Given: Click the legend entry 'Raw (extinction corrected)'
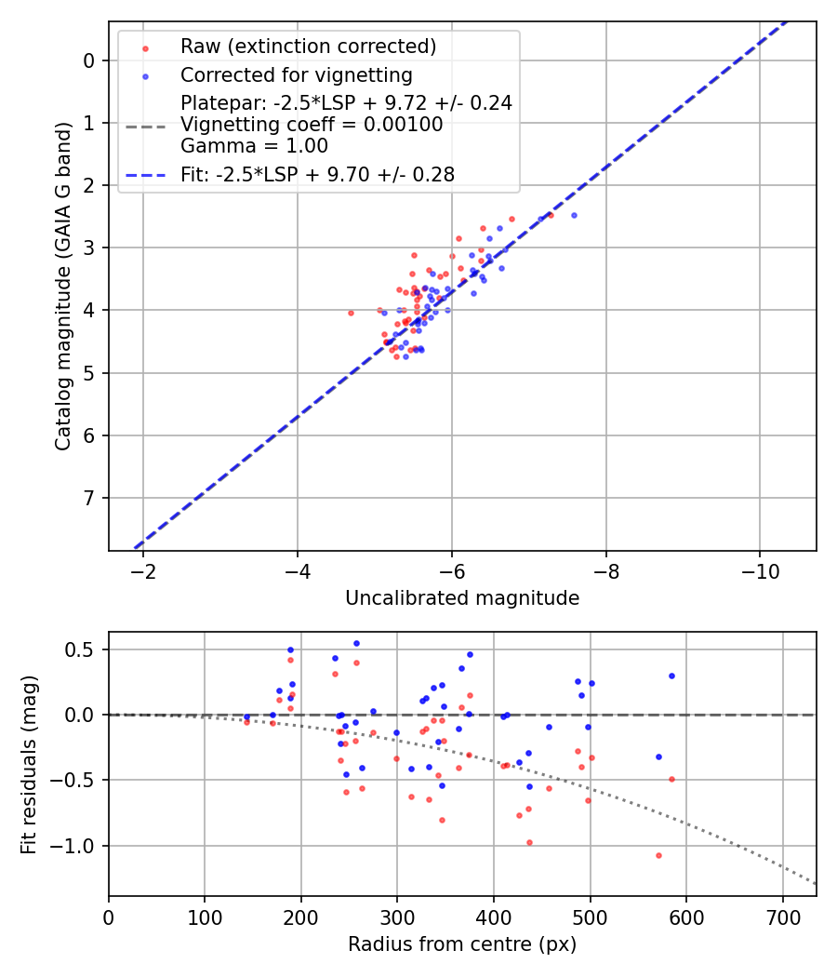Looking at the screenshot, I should [308, 47].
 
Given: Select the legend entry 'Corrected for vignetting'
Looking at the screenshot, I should [296, 74].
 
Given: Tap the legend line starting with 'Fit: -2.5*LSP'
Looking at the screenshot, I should [317, 174].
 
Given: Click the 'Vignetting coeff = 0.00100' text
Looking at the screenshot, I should [312, 125].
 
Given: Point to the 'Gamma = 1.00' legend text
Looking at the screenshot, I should [254, 146].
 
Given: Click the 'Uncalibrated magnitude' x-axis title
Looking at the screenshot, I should [462, 598].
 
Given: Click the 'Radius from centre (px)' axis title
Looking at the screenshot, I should [462, 944].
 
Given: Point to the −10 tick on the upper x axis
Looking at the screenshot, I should [759, 569].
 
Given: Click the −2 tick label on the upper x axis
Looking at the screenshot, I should [143, 569].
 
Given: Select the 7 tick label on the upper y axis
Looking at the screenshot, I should [89, 499].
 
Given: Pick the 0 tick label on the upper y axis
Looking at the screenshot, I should [89, 60].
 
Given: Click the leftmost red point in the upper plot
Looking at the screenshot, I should [351, 313].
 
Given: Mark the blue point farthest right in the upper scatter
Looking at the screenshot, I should [574, 215].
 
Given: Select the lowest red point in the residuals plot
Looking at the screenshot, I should [658, 855].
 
